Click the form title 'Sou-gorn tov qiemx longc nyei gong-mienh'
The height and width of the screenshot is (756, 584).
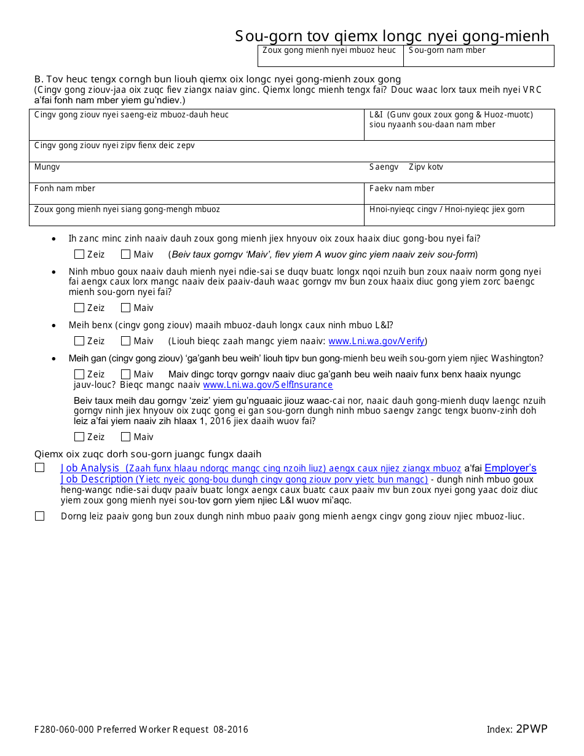[x=392, y=36]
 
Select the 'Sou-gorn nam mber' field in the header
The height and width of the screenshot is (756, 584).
[x=478, y=56]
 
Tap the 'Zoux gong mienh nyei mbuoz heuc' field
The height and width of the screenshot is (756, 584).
[x=330, y=56]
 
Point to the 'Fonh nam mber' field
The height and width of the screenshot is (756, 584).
[x=197, y=194]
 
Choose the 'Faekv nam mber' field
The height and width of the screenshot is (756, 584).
[x=459, y=194]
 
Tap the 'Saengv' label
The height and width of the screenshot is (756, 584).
[x=384, y=167]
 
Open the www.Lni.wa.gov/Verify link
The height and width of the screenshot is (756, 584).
[x=376, y=341]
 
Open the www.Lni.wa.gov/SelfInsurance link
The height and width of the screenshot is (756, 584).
[x=267, y=385]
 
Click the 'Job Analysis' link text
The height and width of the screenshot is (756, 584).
[x=90, y=468]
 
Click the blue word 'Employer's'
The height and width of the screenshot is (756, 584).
[x=510, y=468]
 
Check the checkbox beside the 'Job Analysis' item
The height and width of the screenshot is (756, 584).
[x=40, y=468]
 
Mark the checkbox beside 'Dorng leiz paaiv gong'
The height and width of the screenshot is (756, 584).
[x=40, y=516]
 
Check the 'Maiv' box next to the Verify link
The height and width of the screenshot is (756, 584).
[x=126, y=341]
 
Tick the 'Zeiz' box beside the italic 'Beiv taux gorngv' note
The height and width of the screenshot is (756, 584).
[x=79, y=254]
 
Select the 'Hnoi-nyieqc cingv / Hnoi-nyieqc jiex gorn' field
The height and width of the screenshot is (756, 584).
[x=459, y=215]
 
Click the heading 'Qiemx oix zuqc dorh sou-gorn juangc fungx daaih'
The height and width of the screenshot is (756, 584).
[x=148, y=454]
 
